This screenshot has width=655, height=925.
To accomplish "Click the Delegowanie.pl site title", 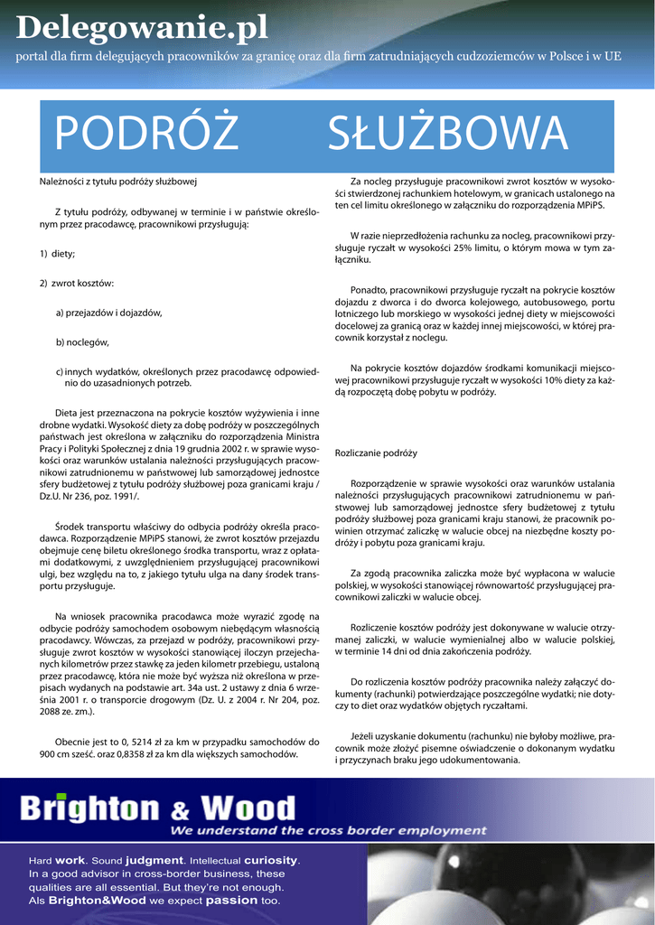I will point(142,29).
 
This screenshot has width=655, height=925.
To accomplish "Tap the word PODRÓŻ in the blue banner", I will point(146,135).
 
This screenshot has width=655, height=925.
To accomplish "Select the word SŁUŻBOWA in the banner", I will point(448,135).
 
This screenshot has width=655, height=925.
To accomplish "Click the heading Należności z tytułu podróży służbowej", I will point(117,182).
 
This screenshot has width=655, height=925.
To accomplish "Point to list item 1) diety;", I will point(58,254).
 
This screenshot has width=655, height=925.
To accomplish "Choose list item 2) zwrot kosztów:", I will point(77,284).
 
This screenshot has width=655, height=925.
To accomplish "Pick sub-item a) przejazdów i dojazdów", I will point(108,313).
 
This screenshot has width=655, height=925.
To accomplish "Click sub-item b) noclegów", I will point(82,342).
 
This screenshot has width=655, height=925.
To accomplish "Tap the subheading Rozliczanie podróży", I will point(376,452).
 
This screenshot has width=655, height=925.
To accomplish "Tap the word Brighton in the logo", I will point(89,808).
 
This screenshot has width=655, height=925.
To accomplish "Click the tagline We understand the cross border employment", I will point(315,830).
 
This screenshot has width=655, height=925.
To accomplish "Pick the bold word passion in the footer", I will point(231,901).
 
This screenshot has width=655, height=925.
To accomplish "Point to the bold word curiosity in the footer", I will point(270,860).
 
